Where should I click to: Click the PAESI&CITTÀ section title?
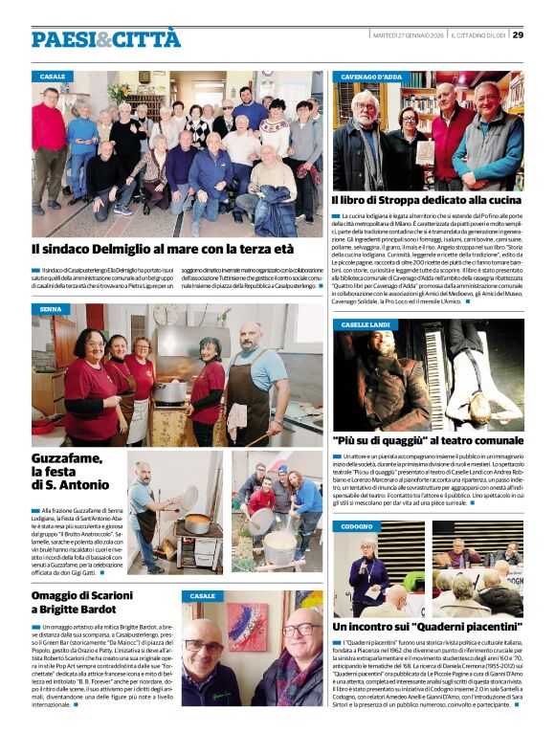point(105,38)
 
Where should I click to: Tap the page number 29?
point(518,35)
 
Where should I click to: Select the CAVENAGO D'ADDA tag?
point(371,76)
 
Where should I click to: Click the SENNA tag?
point(51,309)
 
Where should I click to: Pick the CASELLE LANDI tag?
point(367,324)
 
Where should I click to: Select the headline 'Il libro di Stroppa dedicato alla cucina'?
point(427,200)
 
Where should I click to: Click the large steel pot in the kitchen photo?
point(172,389)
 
